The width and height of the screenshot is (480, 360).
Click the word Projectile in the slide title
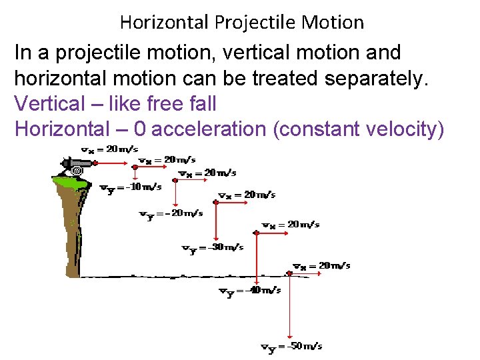point(256,23)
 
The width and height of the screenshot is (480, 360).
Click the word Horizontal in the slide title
point(165,23)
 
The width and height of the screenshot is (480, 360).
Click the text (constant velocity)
point(359,129)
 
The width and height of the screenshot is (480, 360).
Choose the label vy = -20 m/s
point(170,214)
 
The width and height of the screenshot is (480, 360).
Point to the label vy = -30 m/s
point(212,248)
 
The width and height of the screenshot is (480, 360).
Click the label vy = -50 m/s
point(291,347)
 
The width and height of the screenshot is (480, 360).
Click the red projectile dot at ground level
point(289,273)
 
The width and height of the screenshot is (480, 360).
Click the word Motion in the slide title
point(333,23)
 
